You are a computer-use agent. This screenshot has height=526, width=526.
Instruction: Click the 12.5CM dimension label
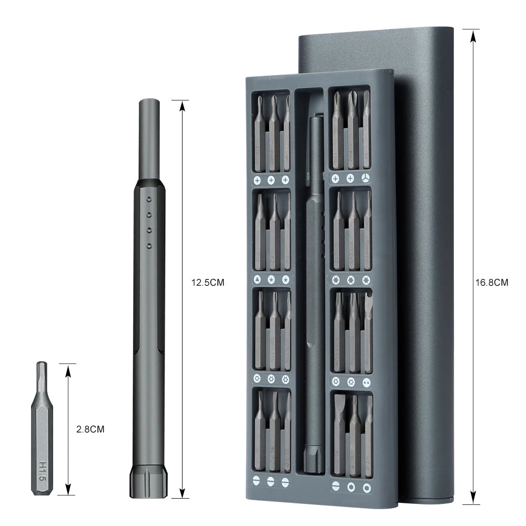(207, 282)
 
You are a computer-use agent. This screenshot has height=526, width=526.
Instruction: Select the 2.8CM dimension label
(90, 429)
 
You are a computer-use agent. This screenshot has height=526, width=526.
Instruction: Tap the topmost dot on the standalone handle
(149, 200)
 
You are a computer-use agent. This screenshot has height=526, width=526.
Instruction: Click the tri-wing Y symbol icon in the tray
(366, 179)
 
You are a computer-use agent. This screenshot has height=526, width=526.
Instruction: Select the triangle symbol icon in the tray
(258, 279)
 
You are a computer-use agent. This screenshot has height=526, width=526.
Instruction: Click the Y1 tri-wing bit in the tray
(366, 131)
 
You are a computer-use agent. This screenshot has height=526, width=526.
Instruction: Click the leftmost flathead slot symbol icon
(257, 480)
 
